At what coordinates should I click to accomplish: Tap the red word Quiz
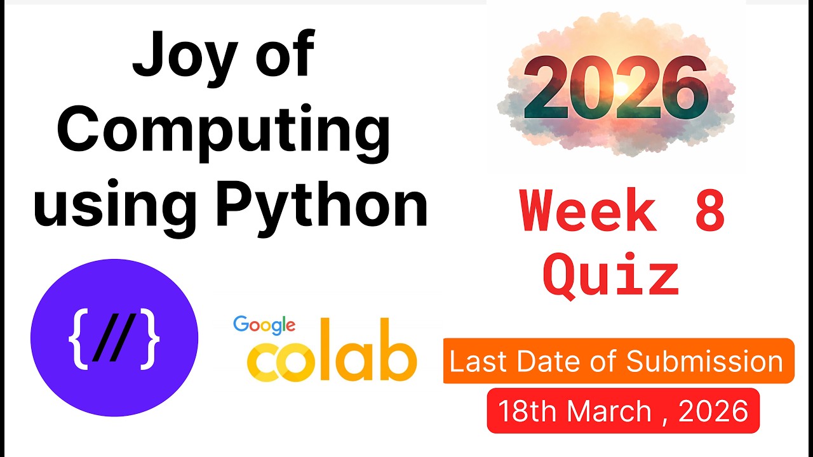click(x=612, y=277)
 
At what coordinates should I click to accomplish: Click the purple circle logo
click(x=114, y=338)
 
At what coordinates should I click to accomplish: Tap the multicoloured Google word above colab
click(x=264, y=325)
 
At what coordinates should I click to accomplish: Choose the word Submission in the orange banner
click(x=704, y=361)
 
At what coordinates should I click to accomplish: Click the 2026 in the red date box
click(x=713, y=411)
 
